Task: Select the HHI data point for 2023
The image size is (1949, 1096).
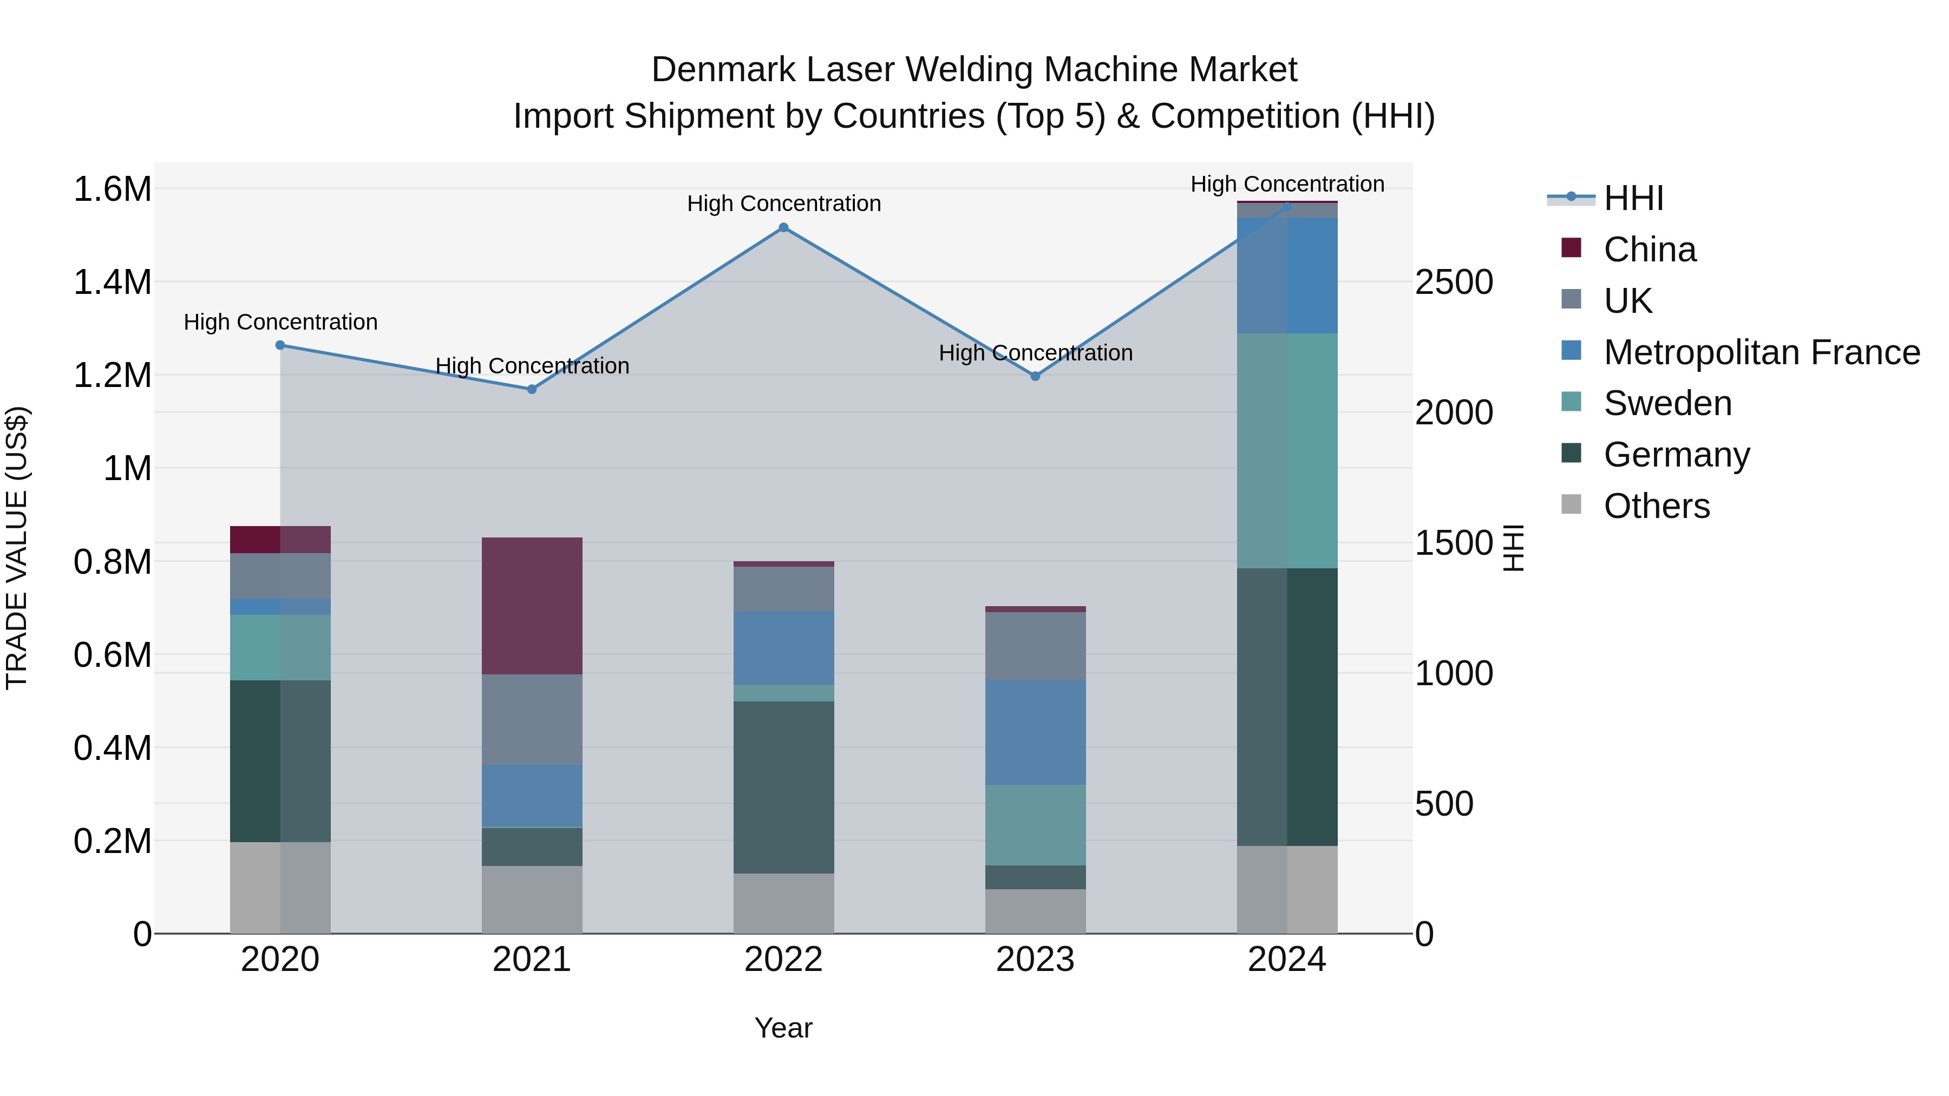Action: click(1035, 376)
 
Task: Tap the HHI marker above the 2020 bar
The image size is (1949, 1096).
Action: click(280, 345)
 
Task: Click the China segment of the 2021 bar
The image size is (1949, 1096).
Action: click(532, 605)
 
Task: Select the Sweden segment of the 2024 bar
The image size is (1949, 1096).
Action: click(1287, 450)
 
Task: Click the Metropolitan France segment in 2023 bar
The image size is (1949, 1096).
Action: click(1035, 732)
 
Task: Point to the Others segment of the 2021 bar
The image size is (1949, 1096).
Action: click(532, 900)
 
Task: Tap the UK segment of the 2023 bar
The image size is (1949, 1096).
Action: click(1035, 646)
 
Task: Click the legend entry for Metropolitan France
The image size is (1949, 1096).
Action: click(1761, 352)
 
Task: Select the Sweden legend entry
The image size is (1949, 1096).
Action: click(1667, 403)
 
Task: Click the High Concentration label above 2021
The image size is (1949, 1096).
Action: click(532, 366)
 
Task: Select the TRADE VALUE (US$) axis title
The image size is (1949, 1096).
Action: click(17, 548)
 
